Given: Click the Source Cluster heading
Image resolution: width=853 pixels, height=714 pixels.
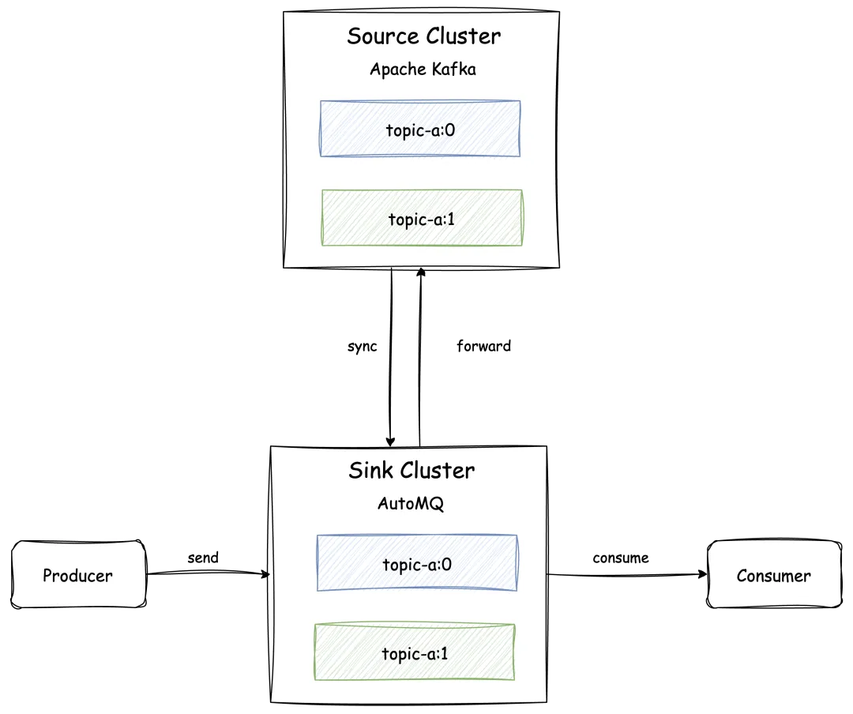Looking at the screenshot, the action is (424, 36).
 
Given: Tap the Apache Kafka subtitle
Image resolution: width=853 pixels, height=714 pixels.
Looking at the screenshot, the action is (423, 70).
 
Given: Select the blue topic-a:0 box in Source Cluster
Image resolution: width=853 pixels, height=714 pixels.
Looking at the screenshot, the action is (420, 129).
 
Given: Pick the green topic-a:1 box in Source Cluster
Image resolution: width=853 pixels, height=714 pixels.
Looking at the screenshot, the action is (422, 218).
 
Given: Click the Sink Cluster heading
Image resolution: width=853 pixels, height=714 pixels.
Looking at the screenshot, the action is (411, 471).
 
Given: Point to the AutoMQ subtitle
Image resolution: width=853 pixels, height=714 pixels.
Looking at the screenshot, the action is (411, 503).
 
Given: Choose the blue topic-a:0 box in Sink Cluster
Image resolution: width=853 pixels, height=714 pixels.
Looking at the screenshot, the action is (417, 562).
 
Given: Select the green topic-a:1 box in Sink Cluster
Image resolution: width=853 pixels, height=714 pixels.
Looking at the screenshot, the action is (415, 652).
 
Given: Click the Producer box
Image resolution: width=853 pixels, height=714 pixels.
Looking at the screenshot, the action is (78, 574).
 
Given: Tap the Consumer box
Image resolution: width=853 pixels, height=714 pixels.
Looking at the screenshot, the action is (774, 574).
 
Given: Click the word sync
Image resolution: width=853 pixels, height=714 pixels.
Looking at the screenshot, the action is (363, 347).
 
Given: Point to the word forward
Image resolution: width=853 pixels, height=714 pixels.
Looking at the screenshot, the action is (483, 346).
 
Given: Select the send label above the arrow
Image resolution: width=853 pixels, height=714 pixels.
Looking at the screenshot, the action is (203, 558).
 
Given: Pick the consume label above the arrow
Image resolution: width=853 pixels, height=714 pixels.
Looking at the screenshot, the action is (621, 558).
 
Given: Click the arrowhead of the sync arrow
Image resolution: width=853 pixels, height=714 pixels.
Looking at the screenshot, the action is (390, 442).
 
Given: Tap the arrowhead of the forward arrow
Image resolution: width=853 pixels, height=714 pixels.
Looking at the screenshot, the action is (420, 272).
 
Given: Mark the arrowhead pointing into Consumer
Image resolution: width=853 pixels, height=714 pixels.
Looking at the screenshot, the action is (703, 574).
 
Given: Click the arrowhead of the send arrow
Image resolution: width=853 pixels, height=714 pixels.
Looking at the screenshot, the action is (265, 574).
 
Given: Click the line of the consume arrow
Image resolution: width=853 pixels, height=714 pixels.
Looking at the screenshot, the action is (627, 575).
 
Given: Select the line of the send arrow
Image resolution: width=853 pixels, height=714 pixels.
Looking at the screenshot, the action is (209, 572).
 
